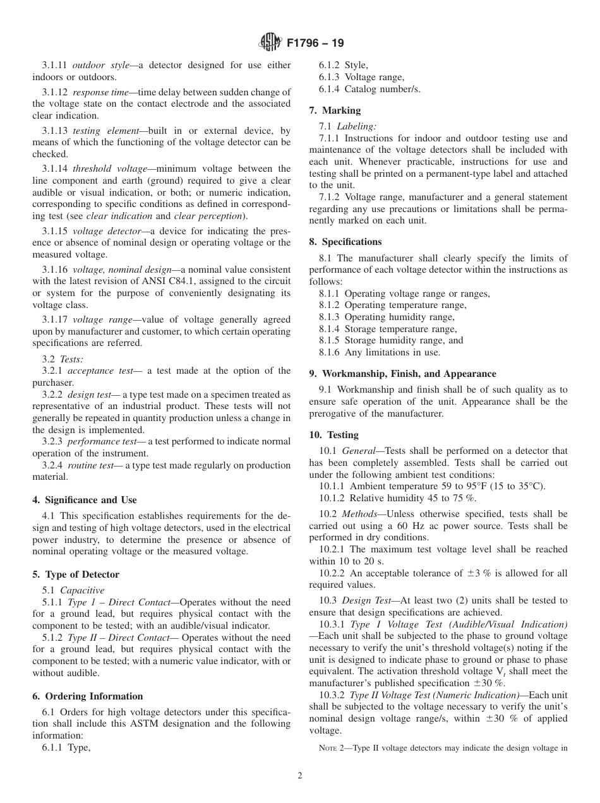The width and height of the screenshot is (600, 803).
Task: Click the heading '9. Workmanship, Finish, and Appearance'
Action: pyautogui.click(x=402, y=374)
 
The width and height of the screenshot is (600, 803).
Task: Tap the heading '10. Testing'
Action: pyautogui.click(x=333, y=435)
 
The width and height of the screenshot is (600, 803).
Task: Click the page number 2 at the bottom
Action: pyautogui.click(x=300, y=776)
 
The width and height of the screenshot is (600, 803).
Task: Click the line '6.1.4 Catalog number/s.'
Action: pyautogui.click(x=369, y=89)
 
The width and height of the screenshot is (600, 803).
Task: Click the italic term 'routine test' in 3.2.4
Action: pyautogui.click(x=90, y=465)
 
